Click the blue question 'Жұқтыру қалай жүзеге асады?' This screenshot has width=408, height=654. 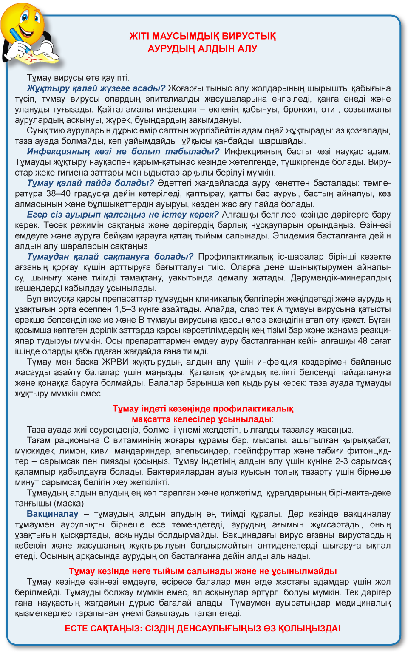(96, 88)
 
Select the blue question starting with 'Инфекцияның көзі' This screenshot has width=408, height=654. (123, 152)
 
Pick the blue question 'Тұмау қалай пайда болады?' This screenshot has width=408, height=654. (90, 183)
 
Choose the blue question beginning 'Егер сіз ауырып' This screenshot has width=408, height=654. (123, 215)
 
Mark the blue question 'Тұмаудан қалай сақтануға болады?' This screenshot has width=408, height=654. (110, 257)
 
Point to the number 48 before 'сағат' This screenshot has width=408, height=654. (363, 341)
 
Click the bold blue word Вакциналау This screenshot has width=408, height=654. (53, 514)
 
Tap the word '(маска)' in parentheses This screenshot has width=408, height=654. (70, 504)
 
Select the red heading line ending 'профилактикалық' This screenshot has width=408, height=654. (203, 409)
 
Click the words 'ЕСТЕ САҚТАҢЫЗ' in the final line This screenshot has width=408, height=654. (102, 629)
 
